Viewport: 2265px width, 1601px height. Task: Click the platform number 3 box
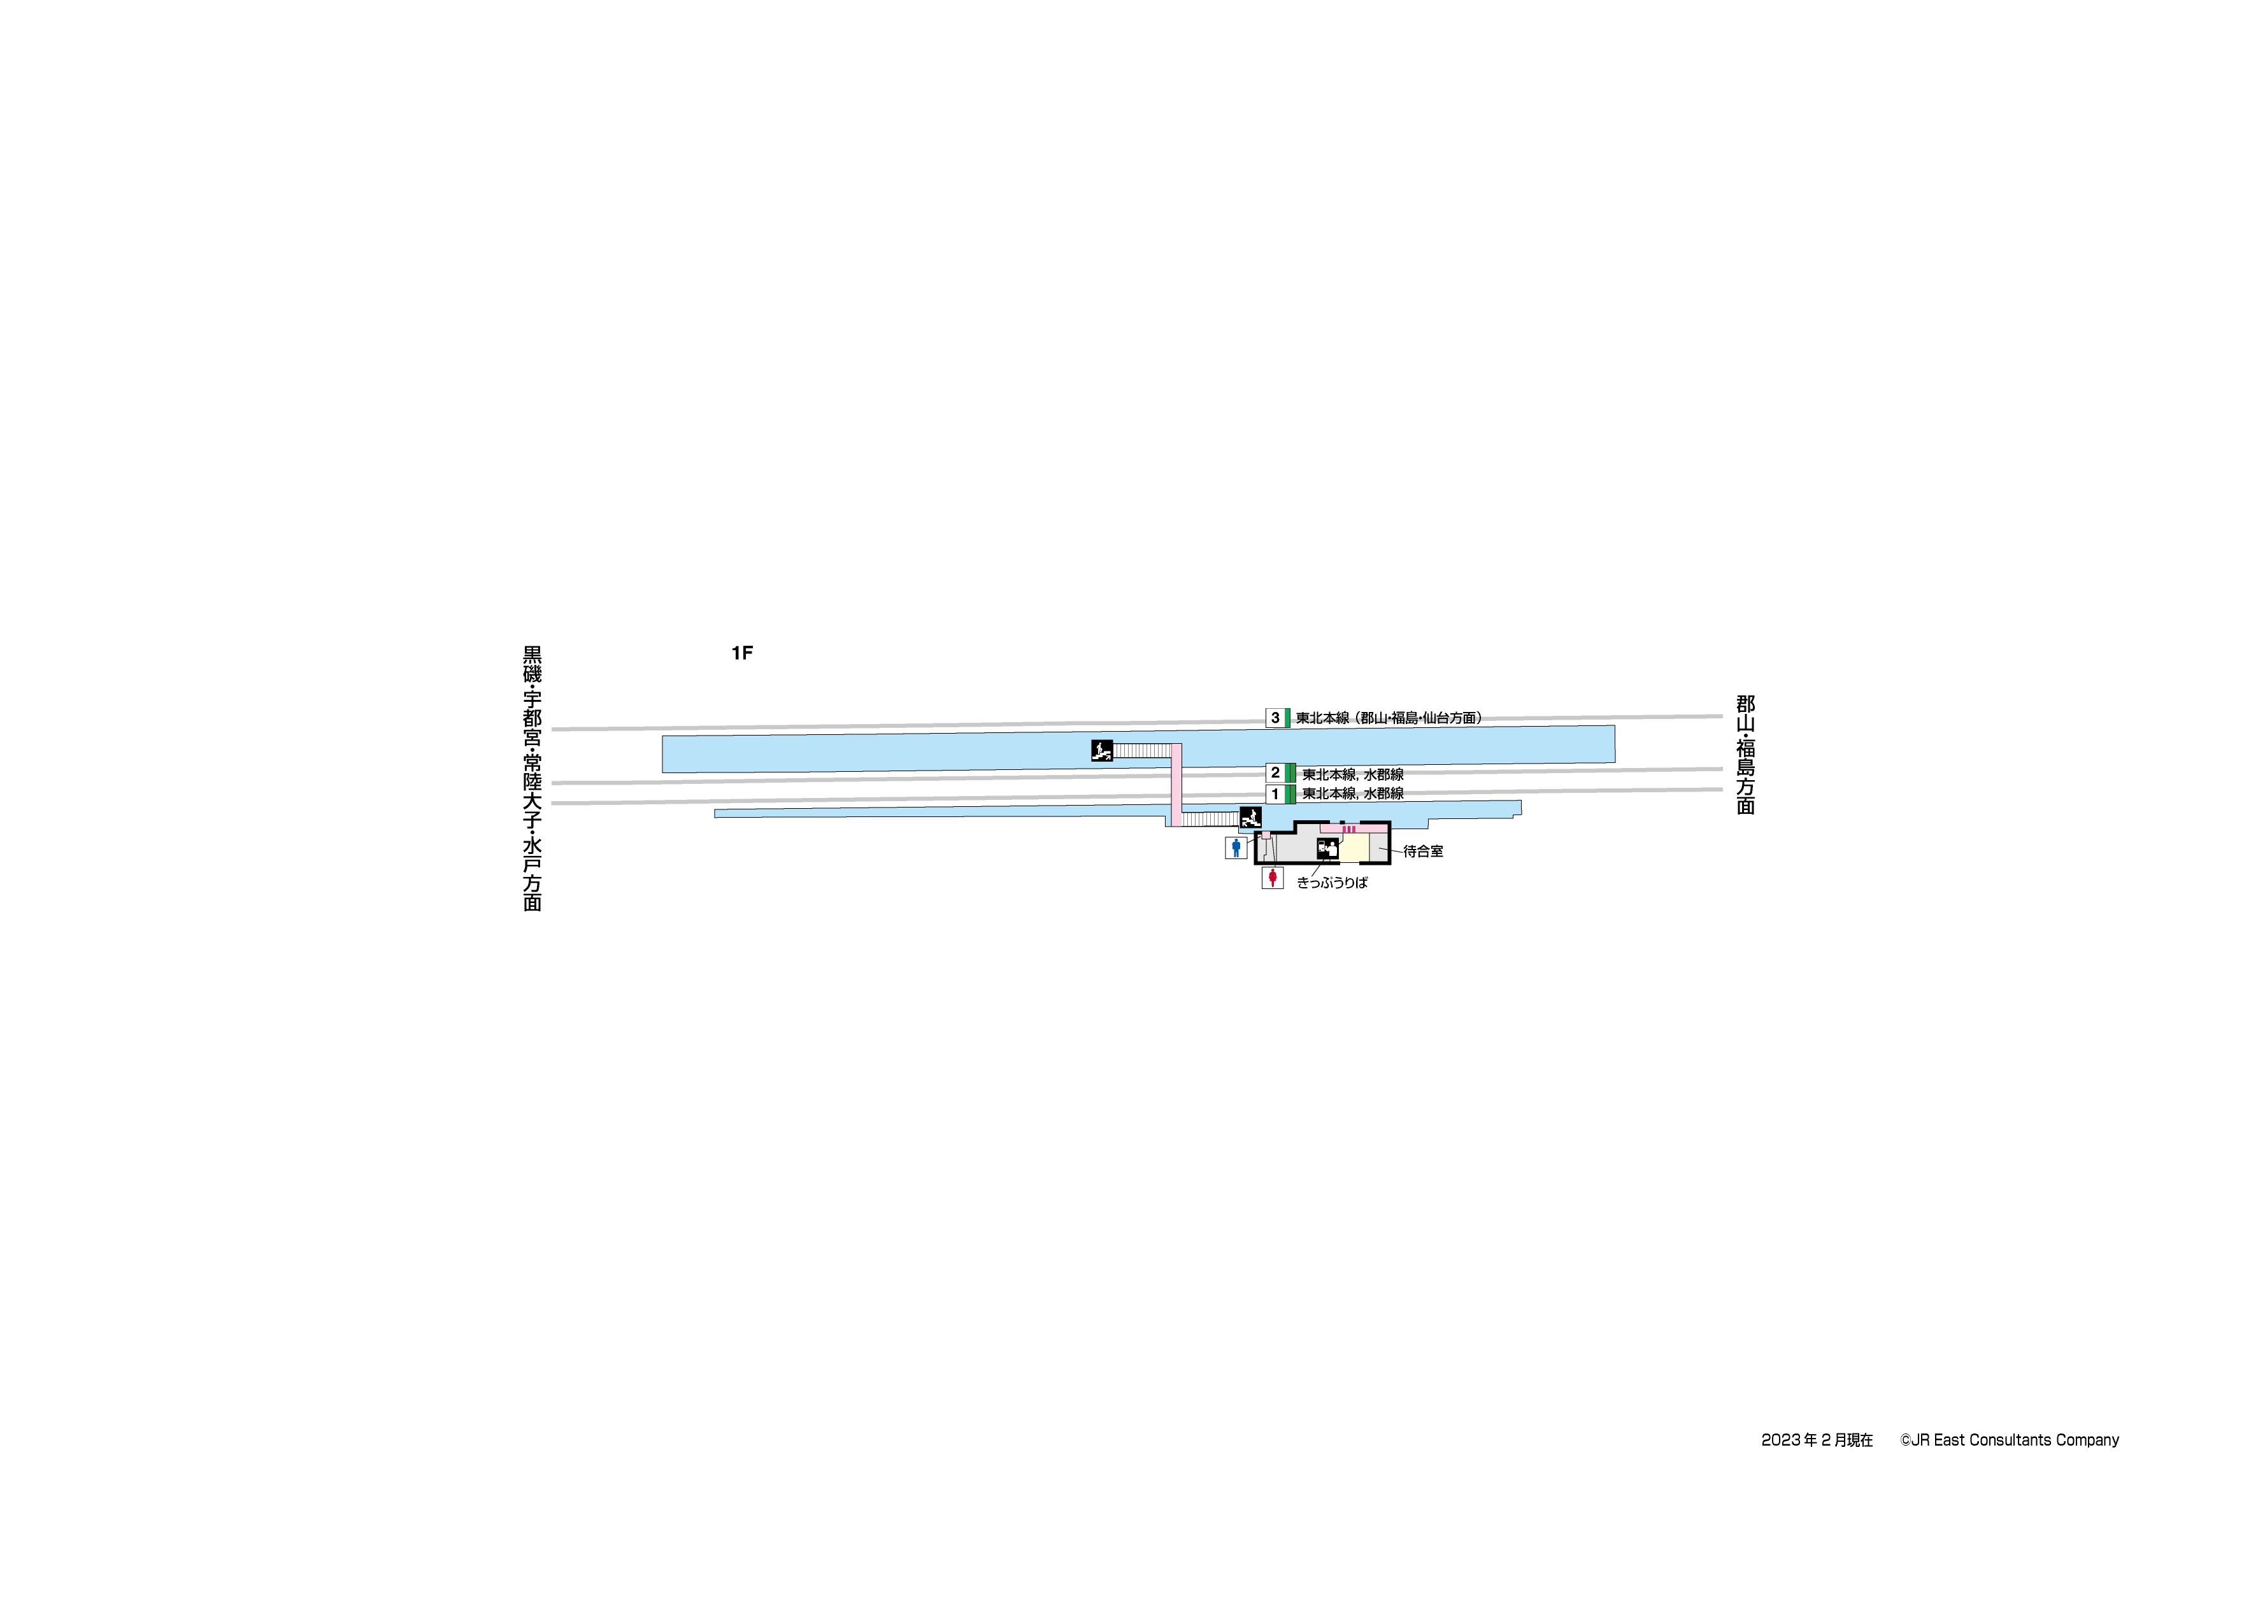coord(1275,718)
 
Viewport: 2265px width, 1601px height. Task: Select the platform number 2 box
coord(1275,772)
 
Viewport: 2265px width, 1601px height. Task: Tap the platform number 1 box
coord(1275,794)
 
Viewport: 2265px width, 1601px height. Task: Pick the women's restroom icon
coord(1273,877)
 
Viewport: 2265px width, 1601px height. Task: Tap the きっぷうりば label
coord(1332,883)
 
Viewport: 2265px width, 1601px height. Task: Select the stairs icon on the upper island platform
coord(1102,751)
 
